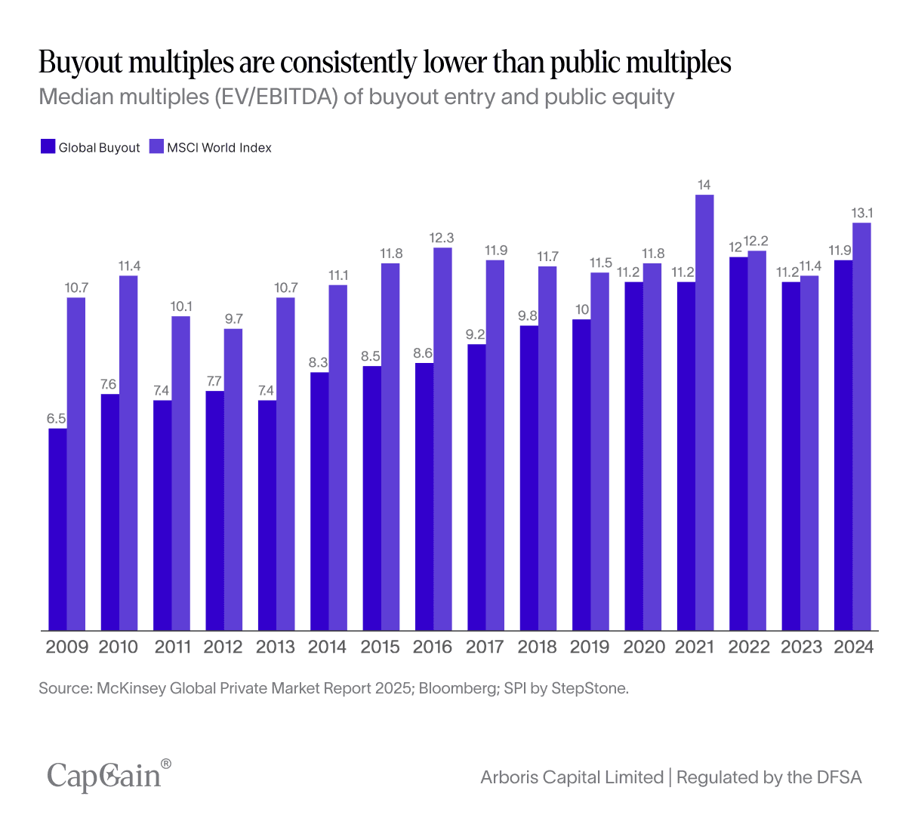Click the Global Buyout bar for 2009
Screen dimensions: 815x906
coord(58,529)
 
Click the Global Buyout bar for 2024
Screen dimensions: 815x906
coord(843,445)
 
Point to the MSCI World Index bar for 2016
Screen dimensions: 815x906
coord(442,438)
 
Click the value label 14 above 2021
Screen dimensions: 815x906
coord(704,185)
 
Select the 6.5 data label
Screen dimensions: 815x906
coord(57,419)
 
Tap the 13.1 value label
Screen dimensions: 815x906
coord(862,213)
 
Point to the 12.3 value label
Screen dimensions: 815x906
coord(442,238)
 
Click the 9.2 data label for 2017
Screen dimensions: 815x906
coord(476,334)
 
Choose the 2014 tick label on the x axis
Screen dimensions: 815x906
coord(328,647)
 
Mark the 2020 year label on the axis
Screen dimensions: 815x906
coord(644,647)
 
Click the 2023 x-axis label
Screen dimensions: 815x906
coord(801,647)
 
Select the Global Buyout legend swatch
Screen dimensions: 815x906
coord(48,146)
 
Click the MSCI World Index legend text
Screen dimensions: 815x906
coord(219,148)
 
